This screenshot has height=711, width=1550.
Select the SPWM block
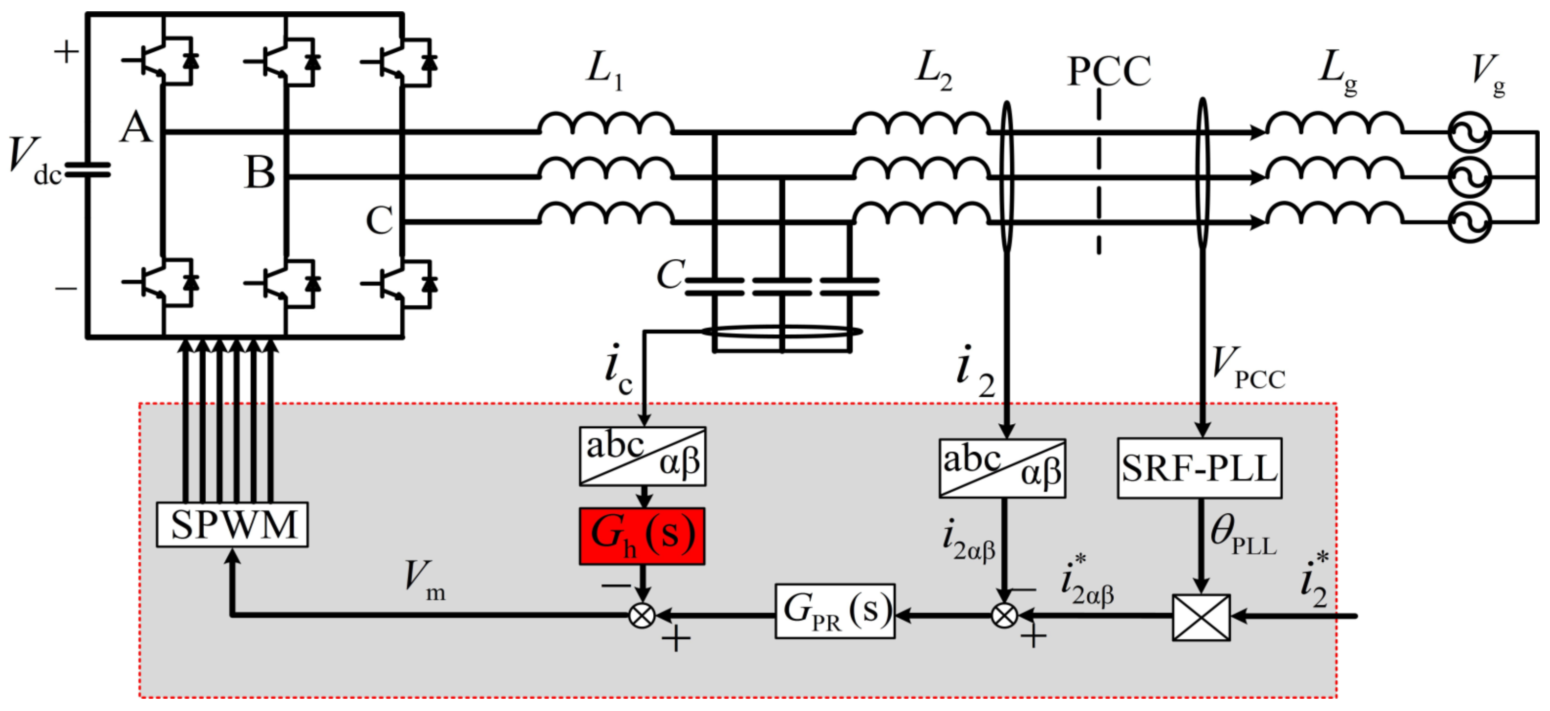(x=232, y=524)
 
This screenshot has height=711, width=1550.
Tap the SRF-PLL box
(x=1199, y=468)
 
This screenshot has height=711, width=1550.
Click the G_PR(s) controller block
(x=835, y=611)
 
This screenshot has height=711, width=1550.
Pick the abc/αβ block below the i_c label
(x=642, y=457)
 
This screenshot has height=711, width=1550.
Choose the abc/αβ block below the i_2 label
(x=1002, y=468)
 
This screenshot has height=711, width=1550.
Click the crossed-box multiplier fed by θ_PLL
(x=1201, y=617)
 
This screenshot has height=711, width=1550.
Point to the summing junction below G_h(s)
(x=642, y=615)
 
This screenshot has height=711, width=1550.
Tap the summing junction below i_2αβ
(x=1004, y=615)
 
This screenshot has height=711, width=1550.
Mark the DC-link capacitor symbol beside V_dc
(x=88, y=170)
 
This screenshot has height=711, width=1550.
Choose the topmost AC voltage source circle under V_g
(x=1469, y=133)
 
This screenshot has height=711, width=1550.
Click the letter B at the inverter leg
(x=260, y=173)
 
